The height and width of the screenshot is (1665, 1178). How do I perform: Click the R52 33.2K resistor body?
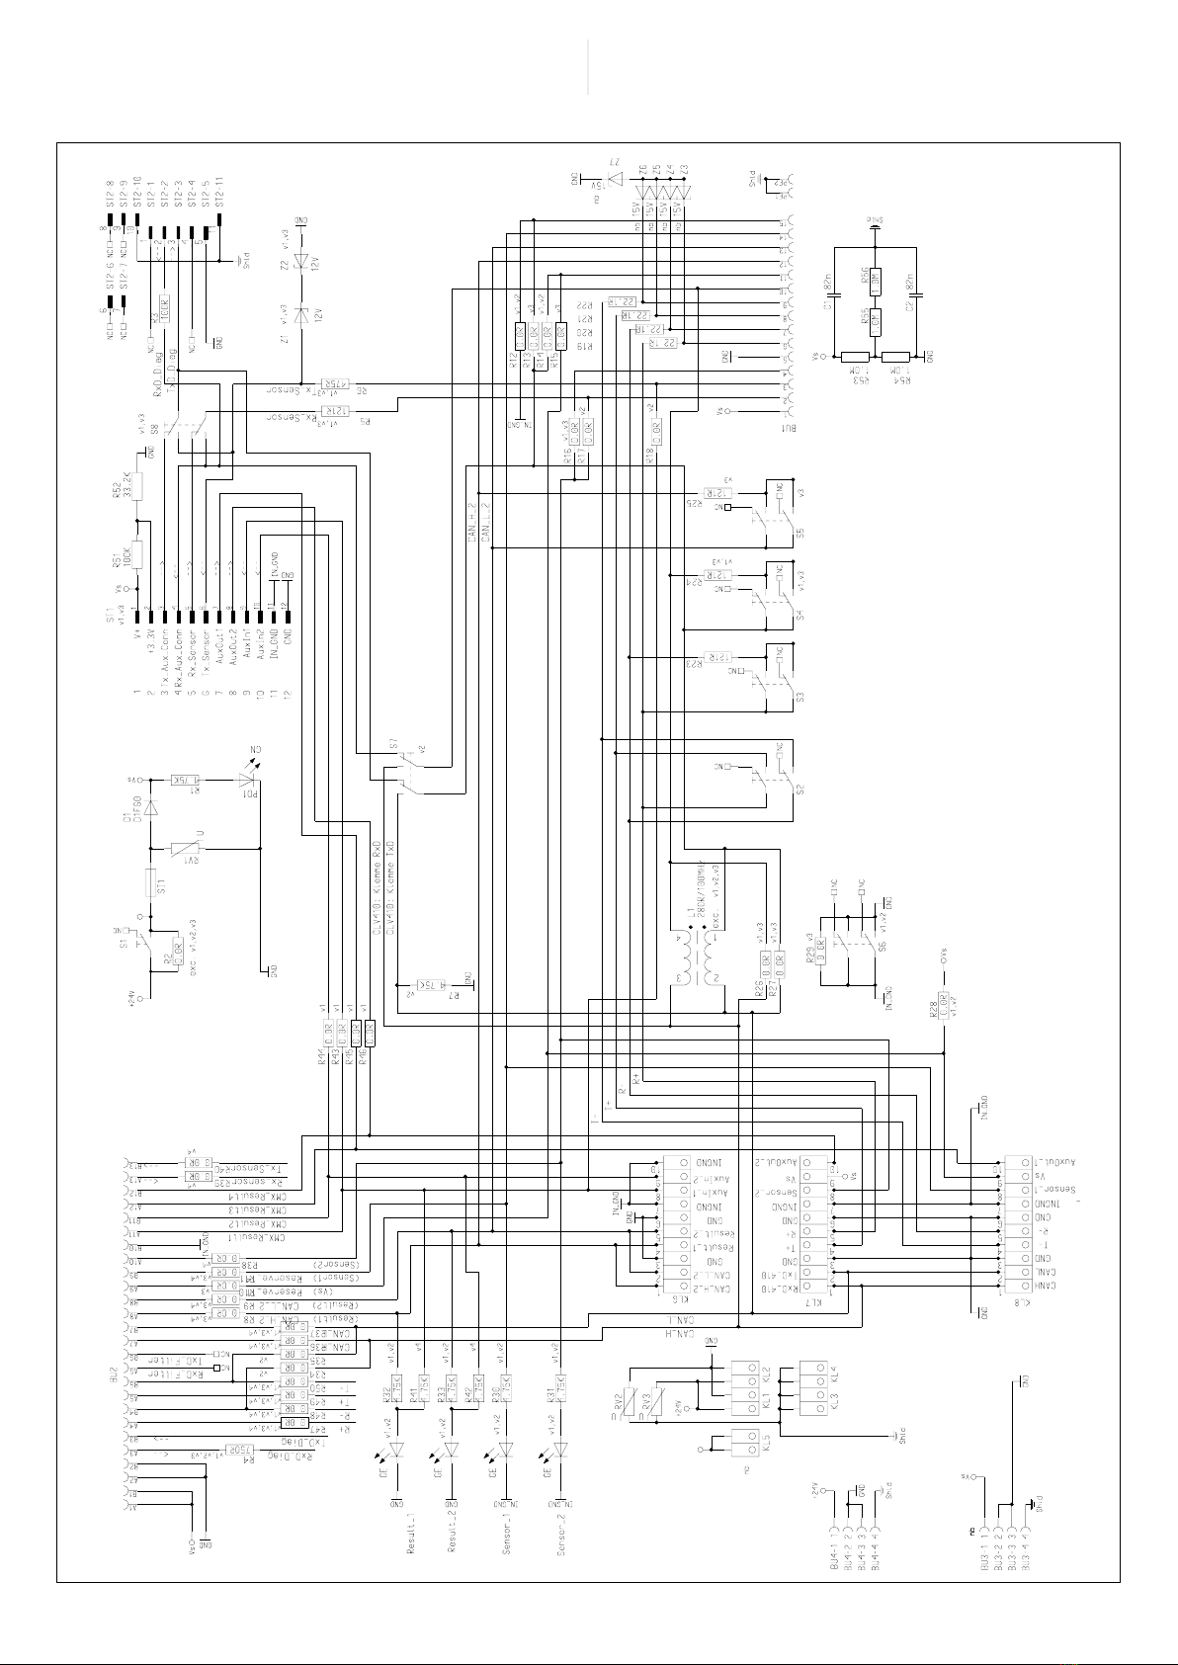(137, 486)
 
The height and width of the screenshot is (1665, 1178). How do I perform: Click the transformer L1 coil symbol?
(696, 959)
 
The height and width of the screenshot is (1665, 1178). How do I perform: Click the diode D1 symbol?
(149, 807)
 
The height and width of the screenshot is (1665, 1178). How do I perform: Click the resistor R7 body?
(434, 984)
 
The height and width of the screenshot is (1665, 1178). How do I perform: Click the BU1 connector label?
(788, 427)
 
